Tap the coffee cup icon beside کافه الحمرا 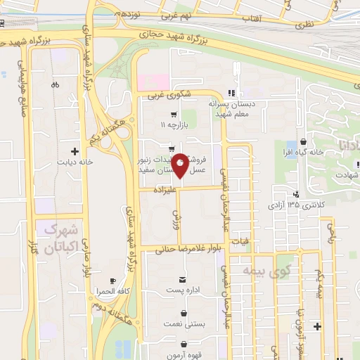pos(112,281)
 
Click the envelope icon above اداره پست pos(184,279)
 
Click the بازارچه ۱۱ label pos(173,124)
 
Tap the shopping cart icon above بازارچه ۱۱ pos(173,114)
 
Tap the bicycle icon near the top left pos(56,85)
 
